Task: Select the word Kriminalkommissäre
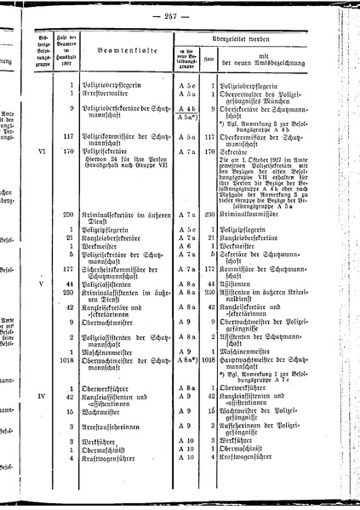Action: (x=253, y=214)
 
